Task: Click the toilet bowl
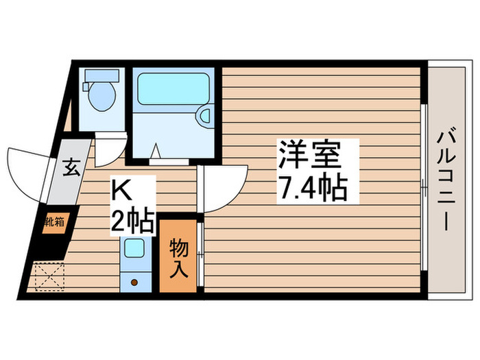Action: click(x=101, y=99)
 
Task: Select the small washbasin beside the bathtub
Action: click(x=204, y=117)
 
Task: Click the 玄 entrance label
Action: click(x=71, y=166)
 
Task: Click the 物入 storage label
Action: click(x=178, y=257)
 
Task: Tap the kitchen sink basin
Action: click(x=134, y=248)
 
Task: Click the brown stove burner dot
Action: click(x=134, y=282)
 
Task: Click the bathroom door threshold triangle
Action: click(x=156, y=152)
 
